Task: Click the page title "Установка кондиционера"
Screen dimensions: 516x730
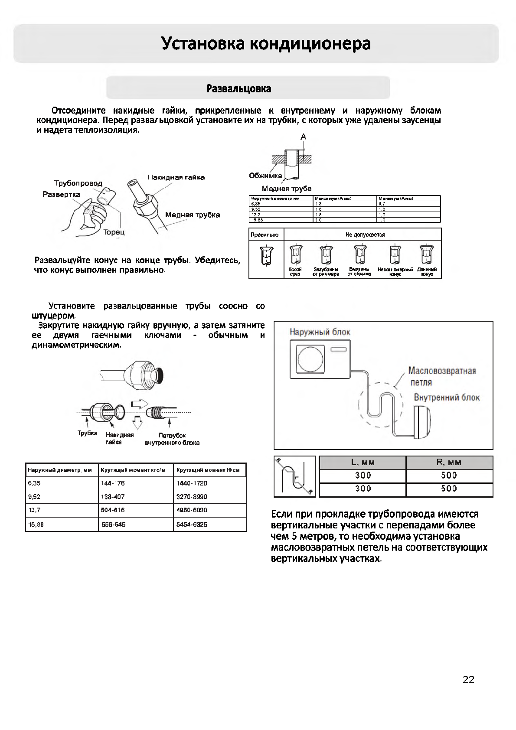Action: [x=266, y=44]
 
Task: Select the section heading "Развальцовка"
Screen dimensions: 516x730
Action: [x=239, y=89]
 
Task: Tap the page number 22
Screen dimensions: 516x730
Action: [x=468, y=680]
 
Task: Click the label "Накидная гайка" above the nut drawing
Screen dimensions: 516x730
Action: [x=176, y=177]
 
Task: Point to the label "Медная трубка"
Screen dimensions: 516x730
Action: [x=192, y=215]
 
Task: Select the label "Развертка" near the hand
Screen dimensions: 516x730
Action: [x=62, y=194]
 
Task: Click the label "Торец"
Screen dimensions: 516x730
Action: [x=114, y=232]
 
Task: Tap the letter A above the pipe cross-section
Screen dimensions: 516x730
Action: [x=304, y=137]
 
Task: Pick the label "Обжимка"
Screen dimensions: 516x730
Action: [x=265, y=176]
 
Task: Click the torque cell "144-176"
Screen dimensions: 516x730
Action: [x=113, y=483]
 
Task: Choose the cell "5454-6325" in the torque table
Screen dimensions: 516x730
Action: [x=192, y=525]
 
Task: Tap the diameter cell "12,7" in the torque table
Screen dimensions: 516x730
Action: [x=34, y=510]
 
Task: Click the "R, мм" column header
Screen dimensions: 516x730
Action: [x=449, y=463]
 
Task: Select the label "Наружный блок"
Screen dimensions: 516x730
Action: [x=320, y=332]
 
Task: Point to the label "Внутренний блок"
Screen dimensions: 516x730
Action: [x=447, y=398]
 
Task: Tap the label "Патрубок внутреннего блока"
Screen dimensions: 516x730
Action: [x=172, y=439]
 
